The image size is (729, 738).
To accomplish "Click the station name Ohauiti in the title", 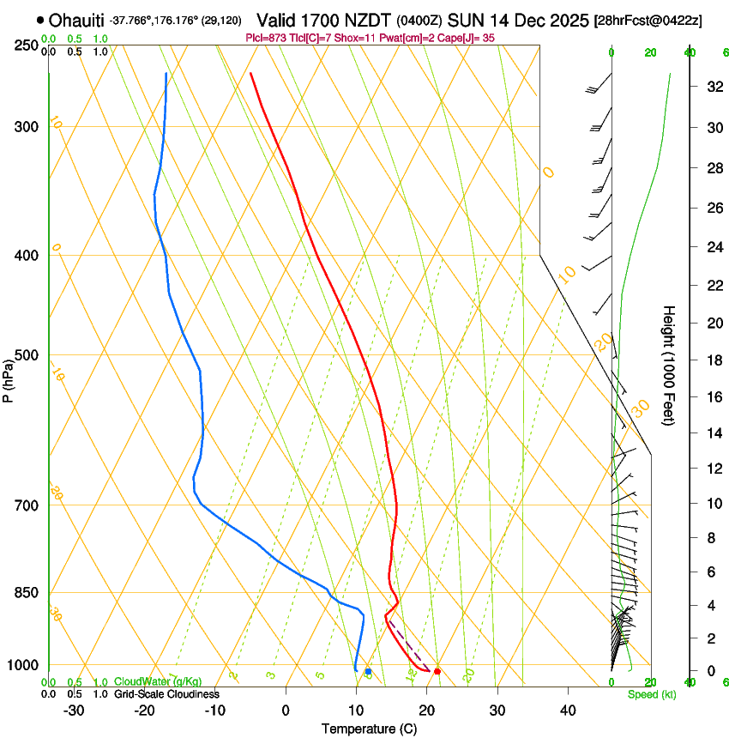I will tap(78, 20).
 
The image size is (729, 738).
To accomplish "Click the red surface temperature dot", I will tap(437, 671).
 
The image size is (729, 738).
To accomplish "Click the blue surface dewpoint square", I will tap(368, 671).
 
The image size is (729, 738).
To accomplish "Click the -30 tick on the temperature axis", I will tap(74, 710).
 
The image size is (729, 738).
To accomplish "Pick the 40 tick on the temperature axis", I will tap(567, 710).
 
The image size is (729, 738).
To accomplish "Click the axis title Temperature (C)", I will tap(370, 729).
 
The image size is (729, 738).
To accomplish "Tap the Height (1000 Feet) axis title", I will tap(669, 365).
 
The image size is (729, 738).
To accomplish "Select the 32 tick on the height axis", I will tap(711, 86).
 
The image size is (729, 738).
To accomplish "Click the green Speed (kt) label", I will tap(652, 694).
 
